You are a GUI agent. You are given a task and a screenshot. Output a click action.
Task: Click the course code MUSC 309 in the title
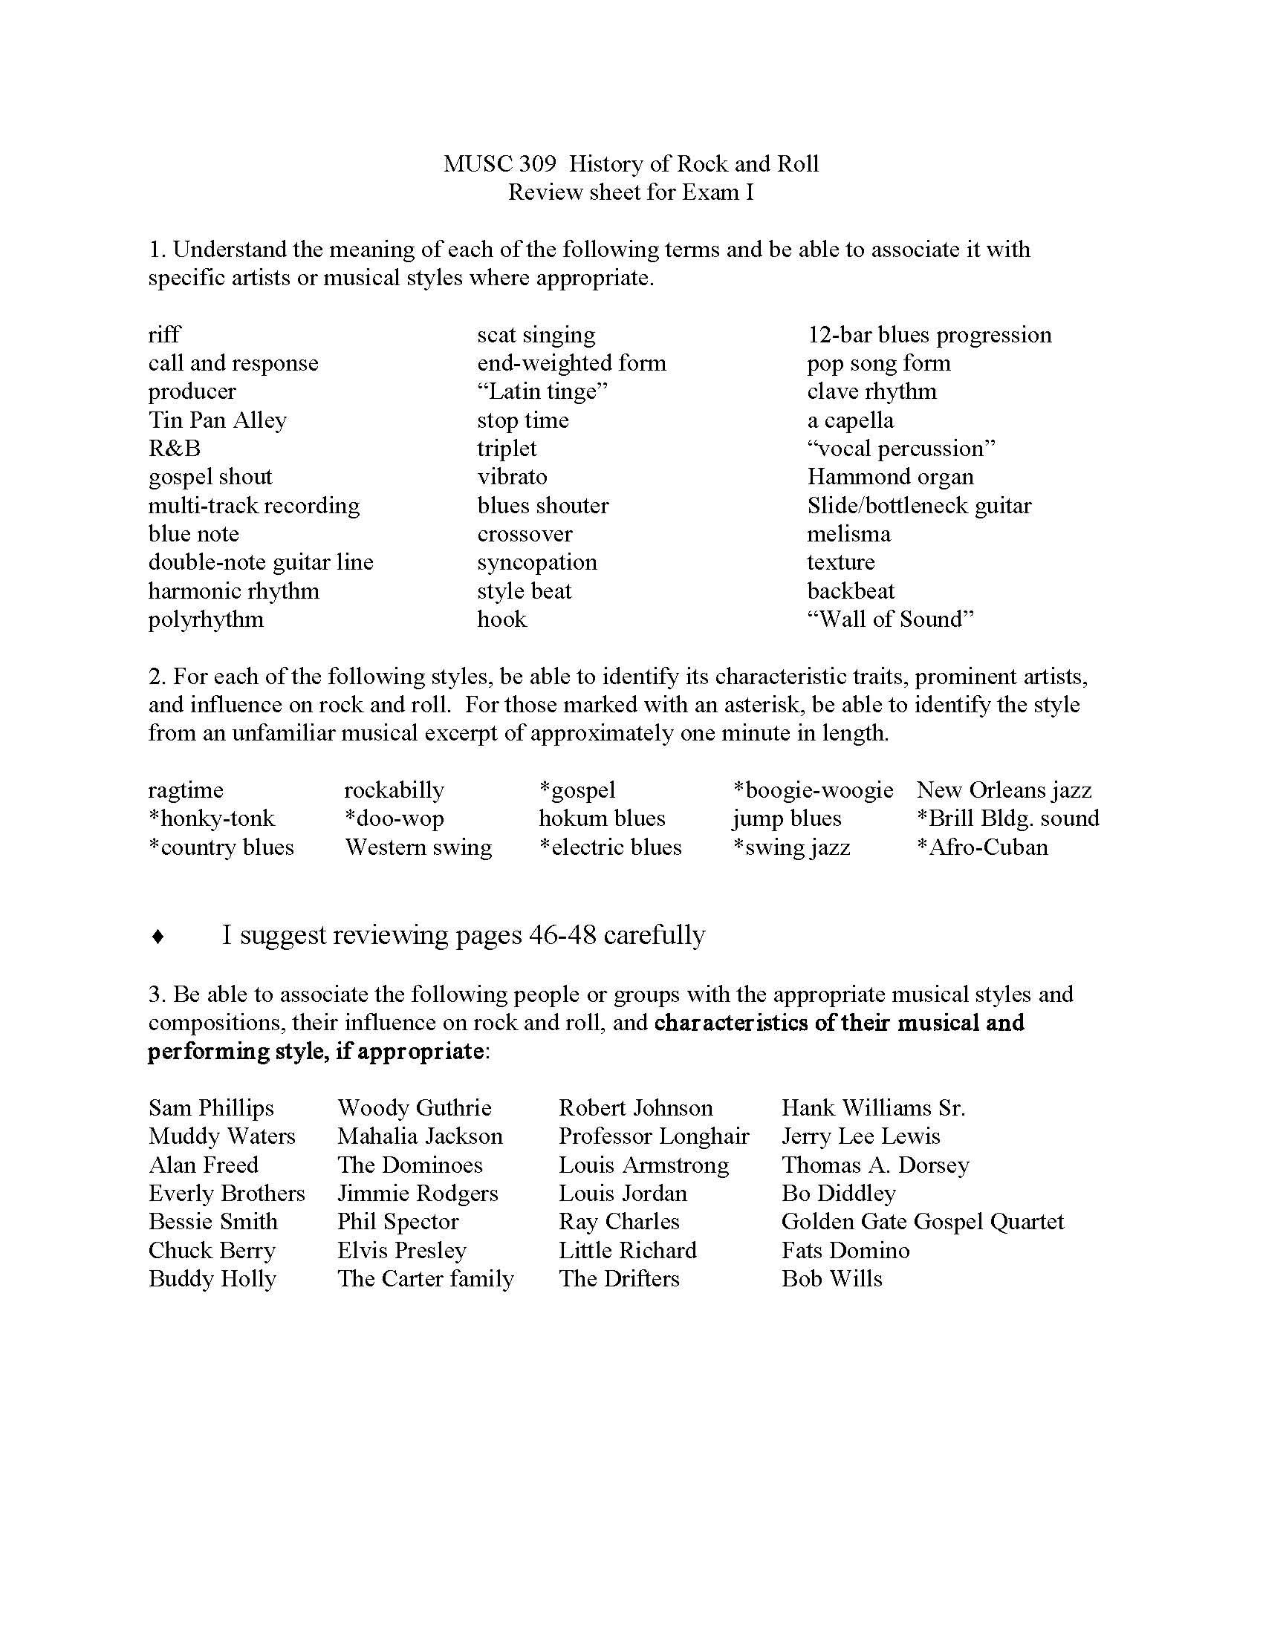(x=499, y=164)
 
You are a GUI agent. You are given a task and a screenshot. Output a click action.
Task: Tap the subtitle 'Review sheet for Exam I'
(x=631, y=192)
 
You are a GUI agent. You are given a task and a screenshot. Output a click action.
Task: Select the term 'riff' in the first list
(x=164, y=334)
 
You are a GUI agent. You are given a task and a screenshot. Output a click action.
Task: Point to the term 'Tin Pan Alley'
(x=217, y=420)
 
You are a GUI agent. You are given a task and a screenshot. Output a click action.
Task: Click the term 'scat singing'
(x=536, y=334)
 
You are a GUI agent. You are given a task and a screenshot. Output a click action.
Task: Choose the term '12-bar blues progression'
(x=929, y=334)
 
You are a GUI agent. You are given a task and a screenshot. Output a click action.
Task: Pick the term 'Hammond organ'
(x=889, y=477)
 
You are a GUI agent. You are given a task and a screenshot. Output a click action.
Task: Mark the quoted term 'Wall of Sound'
(x=889, y=619)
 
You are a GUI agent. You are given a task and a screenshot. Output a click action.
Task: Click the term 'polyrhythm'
(x=206, y=619)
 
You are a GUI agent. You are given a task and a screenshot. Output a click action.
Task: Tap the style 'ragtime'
(x=186, y=790)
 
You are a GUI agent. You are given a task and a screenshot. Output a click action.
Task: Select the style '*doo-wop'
(x=394, y=818)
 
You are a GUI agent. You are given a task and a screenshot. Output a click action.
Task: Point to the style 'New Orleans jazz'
(x=1004, y=790)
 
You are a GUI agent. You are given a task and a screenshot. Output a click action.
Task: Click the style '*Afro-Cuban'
(x=981, y=847)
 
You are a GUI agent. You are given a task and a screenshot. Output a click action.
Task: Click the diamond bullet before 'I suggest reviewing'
(x=158, y=937)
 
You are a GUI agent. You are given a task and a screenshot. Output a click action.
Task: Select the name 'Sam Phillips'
(x=211, y=1107)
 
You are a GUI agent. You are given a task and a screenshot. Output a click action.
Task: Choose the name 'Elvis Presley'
(x=402, y=1249)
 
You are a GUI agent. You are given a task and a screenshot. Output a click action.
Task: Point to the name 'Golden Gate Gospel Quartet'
(x=922, y=1221)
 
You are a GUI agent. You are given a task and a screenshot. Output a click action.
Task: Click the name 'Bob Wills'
(x=831, y=1278)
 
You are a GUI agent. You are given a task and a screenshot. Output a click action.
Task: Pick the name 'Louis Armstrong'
(x=643, y=1164)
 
